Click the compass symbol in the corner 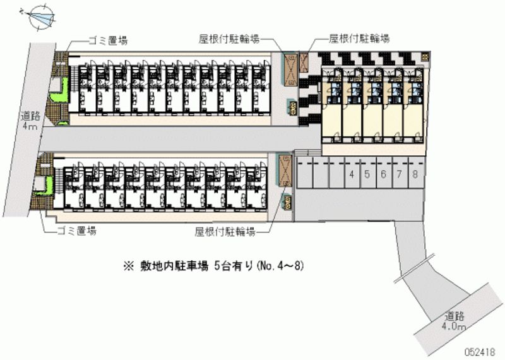click(41, 16)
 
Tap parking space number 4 click(352, 174)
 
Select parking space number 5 click(367, 174)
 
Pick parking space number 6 click(383, 174)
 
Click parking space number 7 click(400, 174)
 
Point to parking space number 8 click(415, 174)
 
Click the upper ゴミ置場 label click(108, 40)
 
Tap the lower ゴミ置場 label click(77, 231)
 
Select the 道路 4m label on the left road click(30, 120)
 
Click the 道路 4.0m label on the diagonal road click(454, 321)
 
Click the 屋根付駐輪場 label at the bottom click(225, 231)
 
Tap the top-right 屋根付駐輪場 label click(359, 39)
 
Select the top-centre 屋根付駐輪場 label click(229, 39)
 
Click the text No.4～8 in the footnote click(280, 267)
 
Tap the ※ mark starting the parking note click(128, 267)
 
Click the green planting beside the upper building click(61, 92)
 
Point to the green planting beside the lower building click(45, 186)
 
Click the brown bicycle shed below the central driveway click(285, 171)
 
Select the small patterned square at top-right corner click(425, 57)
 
